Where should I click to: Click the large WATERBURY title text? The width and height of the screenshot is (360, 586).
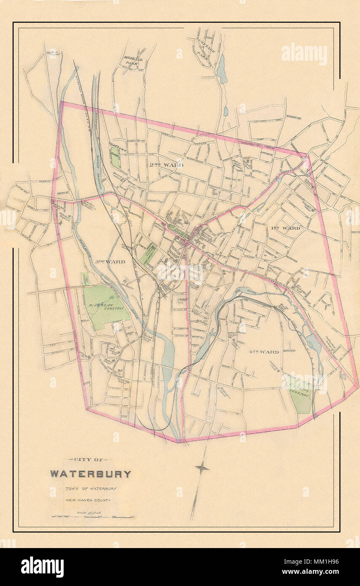point(91,474)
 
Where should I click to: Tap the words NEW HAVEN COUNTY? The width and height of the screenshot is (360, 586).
point(88,500)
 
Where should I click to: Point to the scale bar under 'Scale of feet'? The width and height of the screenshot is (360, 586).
point(92,516)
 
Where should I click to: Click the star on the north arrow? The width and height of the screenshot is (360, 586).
point(202,468)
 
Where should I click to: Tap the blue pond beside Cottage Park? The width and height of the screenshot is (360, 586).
point(221,70)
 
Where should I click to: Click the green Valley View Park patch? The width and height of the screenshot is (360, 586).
point(115,158)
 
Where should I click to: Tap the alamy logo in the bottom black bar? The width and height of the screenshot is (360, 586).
point(42,567)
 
